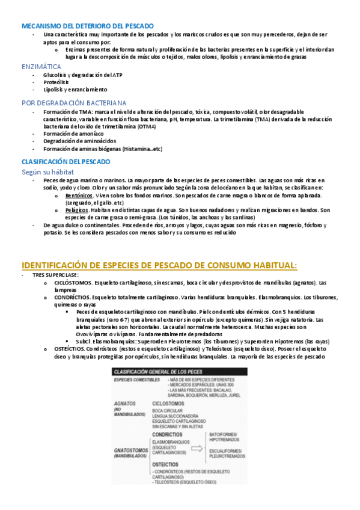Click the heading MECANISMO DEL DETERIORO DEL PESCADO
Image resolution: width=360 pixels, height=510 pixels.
tap(87, 26)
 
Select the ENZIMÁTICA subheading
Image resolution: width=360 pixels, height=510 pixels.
tap(41, 66)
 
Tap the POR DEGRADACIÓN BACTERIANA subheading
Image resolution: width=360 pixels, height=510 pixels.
tap(74, 102)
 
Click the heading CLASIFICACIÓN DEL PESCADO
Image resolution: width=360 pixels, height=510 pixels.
tap(66, 162)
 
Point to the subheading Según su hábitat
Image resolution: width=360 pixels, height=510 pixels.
tap(47, 172)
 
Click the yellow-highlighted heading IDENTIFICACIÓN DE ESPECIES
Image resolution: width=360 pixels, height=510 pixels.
tap(159, 248)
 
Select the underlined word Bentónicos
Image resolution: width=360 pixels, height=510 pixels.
tap(79, 196)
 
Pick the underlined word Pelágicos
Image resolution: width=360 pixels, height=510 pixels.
tap(77, 210)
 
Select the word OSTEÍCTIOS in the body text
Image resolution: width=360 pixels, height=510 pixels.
tap(71, 348)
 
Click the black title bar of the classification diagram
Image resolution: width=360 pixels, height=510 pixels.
tap(179, 371)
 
